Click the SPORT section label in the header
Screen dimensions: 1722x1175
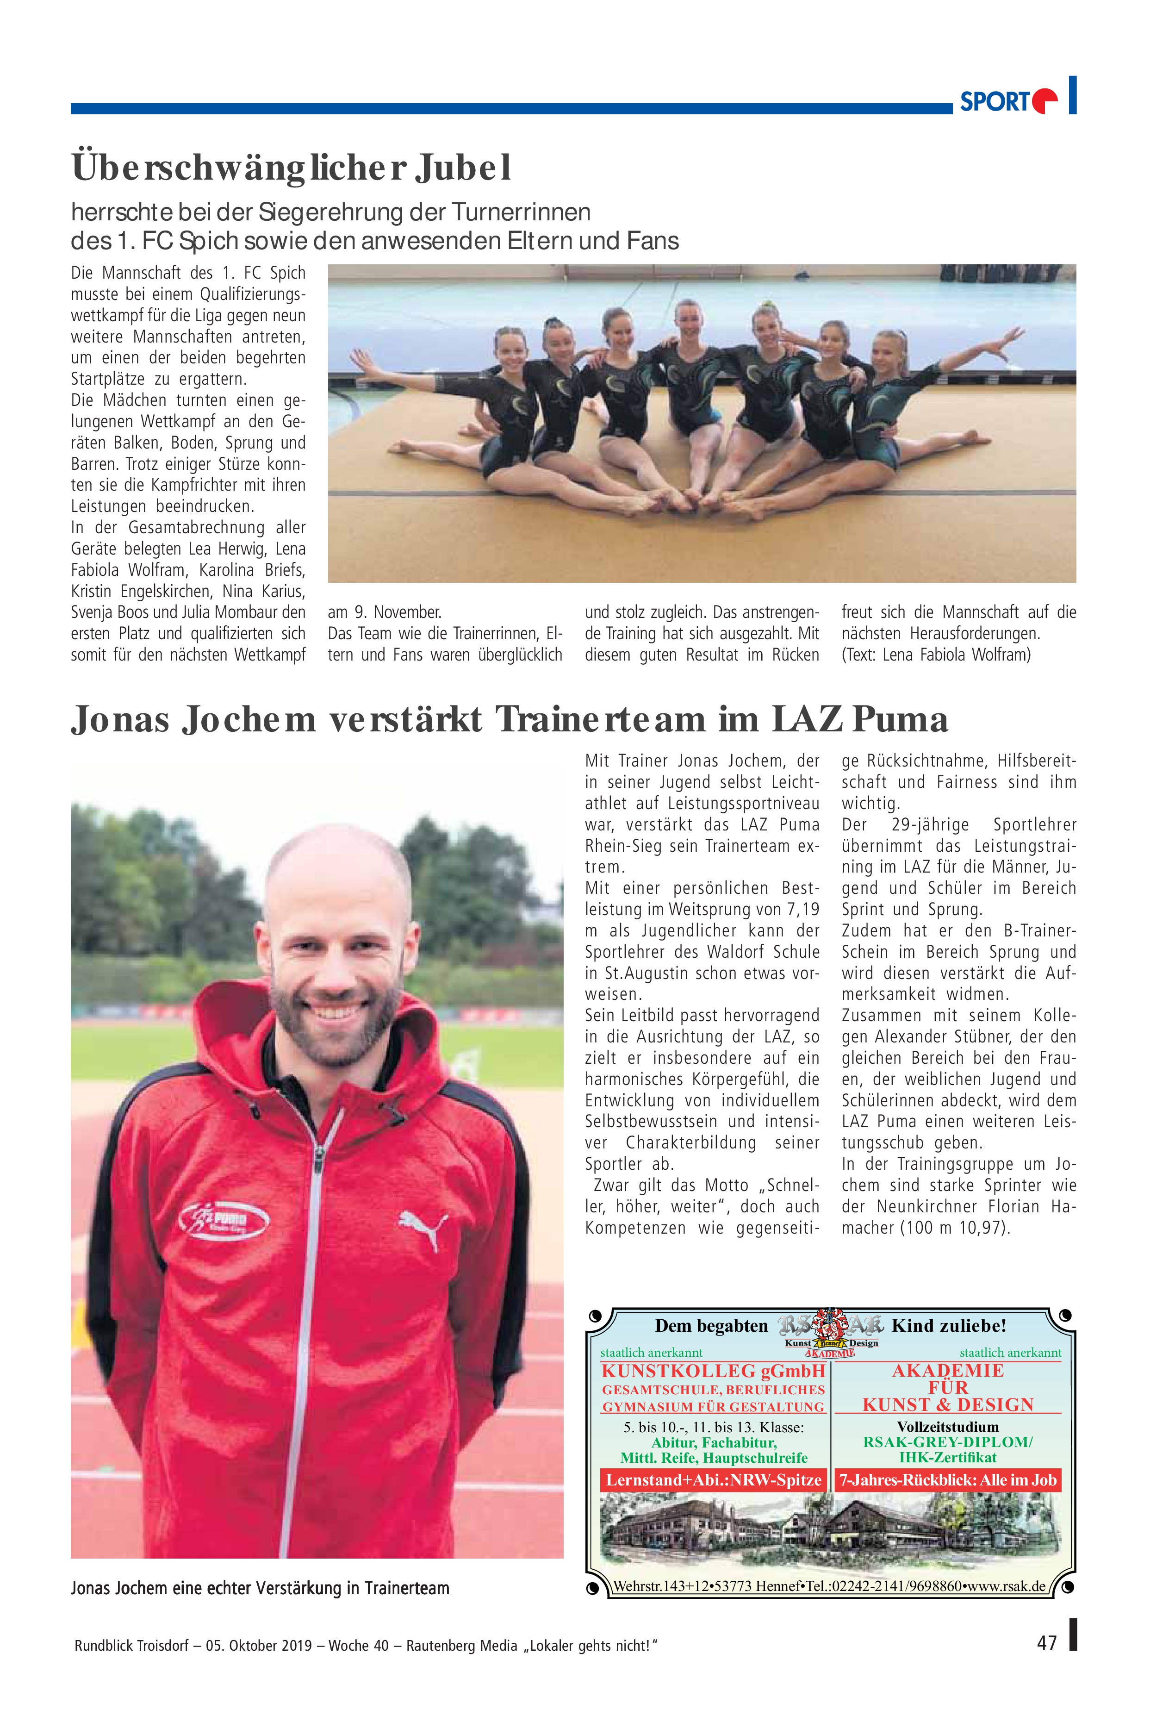(x=994, y=101)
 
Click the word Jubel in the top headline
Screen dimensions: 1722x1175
(x=463, y=168)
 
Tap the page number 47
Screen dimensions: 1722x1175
(x=1046, y=1643)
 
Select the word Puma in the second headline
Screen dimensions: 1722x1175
(x=899, y=719)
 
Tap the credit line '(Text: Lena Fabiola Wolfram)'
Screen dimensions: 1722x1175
(x=936, y=655)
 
